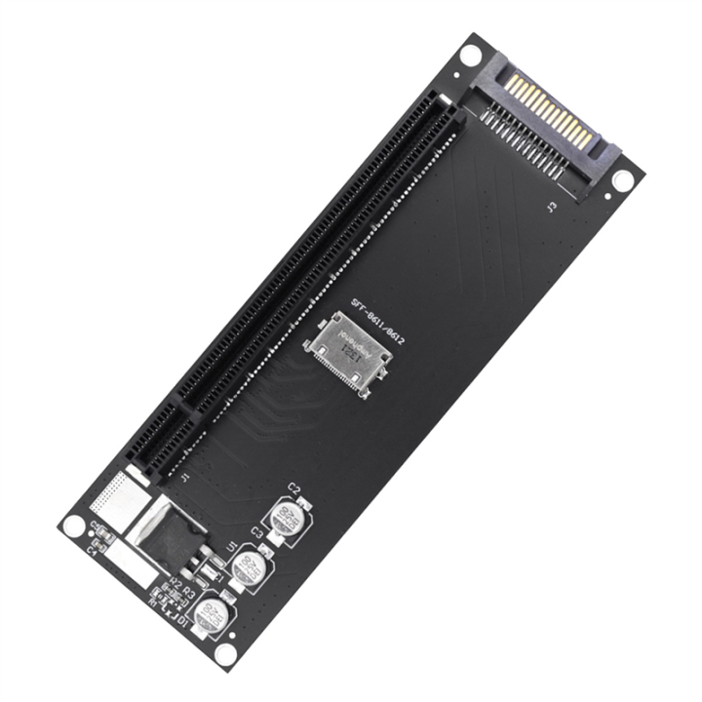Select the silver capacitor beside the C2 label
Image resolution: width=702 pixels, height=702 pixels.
tap(289, 519)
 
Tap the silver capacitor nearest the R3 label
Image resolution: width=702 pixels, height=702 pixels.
tap(210, 615)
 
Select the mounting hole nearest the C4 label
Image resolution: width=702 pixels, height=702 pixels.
tap(73, 526)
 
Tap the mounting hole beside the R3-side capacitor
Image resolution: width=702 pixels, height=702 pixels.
tap(225, 653)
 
